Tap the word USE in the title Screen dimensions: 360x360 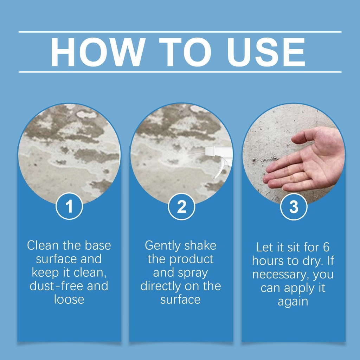pos(266,52)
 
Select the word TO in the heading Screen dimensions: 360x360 pos(185,52)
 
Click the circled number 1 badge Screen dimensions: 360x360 pos(69,206)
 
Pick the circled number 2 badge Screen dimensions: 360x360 pos(181,206)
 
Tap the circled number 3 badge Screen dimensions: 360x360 pos(294,206)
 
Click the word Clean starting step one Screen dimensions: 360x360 pos(43,245)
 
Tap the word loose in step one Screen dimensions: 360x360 pos(69,300)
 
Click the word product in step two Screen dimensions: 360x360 pos(192,259)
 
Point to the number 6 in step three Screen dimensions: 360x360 pos(326,247)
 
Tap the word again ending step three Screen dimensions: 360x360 pos(293,302)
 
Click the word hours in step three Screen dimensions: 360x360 pos(267,261)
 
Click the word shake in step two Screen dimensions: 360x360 pos(200,245)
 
